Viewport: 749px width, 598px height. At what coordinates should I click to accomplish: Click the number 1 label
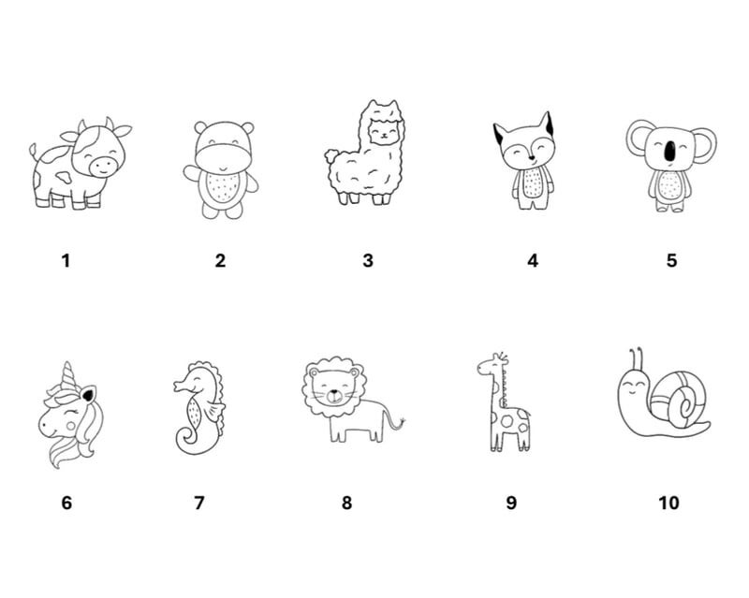point(66,261)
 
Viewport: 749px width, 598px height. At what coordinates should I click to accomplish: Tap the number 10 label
point(668,503)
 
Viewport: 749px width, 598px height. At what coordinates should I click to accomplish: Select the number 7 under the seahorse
point(199,503)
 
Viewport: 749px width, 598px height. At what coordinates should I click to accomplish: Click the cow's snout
point(103,166)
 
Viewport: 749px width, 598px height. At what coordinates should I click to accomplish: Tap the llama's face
point(385,132)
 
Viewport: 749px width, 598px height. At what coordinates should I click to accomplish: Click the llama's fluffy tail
point(331,155)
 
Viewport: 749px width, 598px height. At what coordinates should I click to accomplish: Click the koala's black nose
point(670,151)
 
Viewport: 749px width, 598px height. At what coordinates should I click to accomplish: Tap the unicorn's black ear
point(88,395)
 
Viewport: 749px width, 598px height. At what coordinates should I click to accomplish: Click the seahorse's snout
point(181,385)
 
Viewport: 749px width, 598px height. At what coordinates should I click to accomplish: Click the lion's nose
point(334,395)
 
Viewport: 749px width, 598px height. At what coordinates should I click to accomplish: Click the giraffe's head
point(490,366)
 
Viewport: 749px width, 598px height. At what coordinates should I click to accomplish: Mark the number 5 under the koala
point(671,261)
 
